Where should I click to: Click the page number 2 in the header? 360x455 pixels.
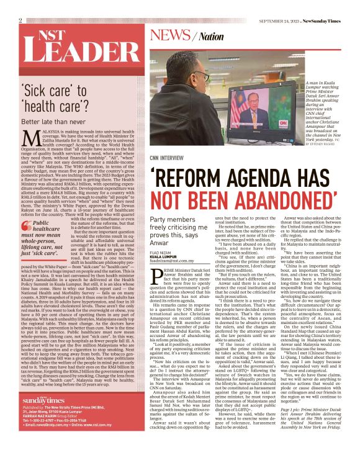pos(21,20)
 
